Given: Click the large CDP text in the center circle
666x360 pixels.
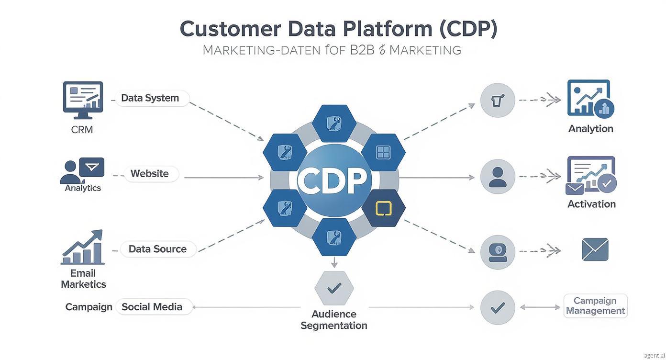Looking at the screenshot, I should click(x=333, y=180).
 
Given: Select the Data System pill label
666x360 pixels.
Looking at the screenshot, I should click(x=150, y=98).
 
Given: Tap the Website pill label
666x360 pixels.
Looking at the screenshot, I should click(x=150, y=174).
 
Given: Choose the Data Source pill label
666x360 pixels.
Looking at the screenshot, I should click(x=157, y=249).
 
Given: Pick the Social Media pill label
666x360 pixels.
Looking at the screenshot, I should click(x=152, y=307).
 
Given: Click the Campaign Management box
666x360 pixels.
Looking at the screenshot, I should click(x=595, y=306).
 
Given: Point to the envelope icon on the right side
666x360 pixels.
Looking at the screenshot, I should click(x=595, y=249).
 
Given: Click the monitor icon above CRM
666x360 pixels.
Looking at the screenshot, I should click(x=83, y=100).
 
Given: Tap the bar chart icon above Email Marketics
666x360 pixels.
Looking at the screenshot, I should click(x=83, y=247).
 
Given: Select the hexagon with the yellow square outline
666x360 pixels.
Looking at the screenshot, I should click(x=383, y=208).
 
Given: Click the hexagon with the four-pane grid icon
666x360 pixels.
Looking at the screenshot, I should click(x=383, y=152).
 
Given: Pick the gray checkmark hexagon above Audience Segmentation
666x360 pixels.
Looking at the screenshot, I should click(x=334, y=288).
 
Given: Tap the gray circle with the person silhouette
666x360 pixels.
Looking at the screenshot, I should click(x=498, y=177).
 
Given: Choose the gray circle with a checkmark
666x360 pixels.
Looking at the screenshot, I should click(x=498, y=307).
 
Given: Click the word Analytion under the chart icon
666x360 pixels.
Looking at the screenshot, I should click(x=590, y=129).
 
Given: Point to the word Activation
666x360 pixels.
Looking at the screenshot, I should click(x=591, y=204).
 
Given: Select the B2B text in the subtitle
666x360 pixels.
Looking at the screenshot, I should click(x=362, y=50).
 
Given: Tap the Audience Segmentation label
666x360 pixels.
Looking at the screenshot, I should click(x=334, y=320).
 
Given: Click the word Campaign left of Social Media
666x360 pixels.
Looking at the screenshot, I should click(x=89, y=307).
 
